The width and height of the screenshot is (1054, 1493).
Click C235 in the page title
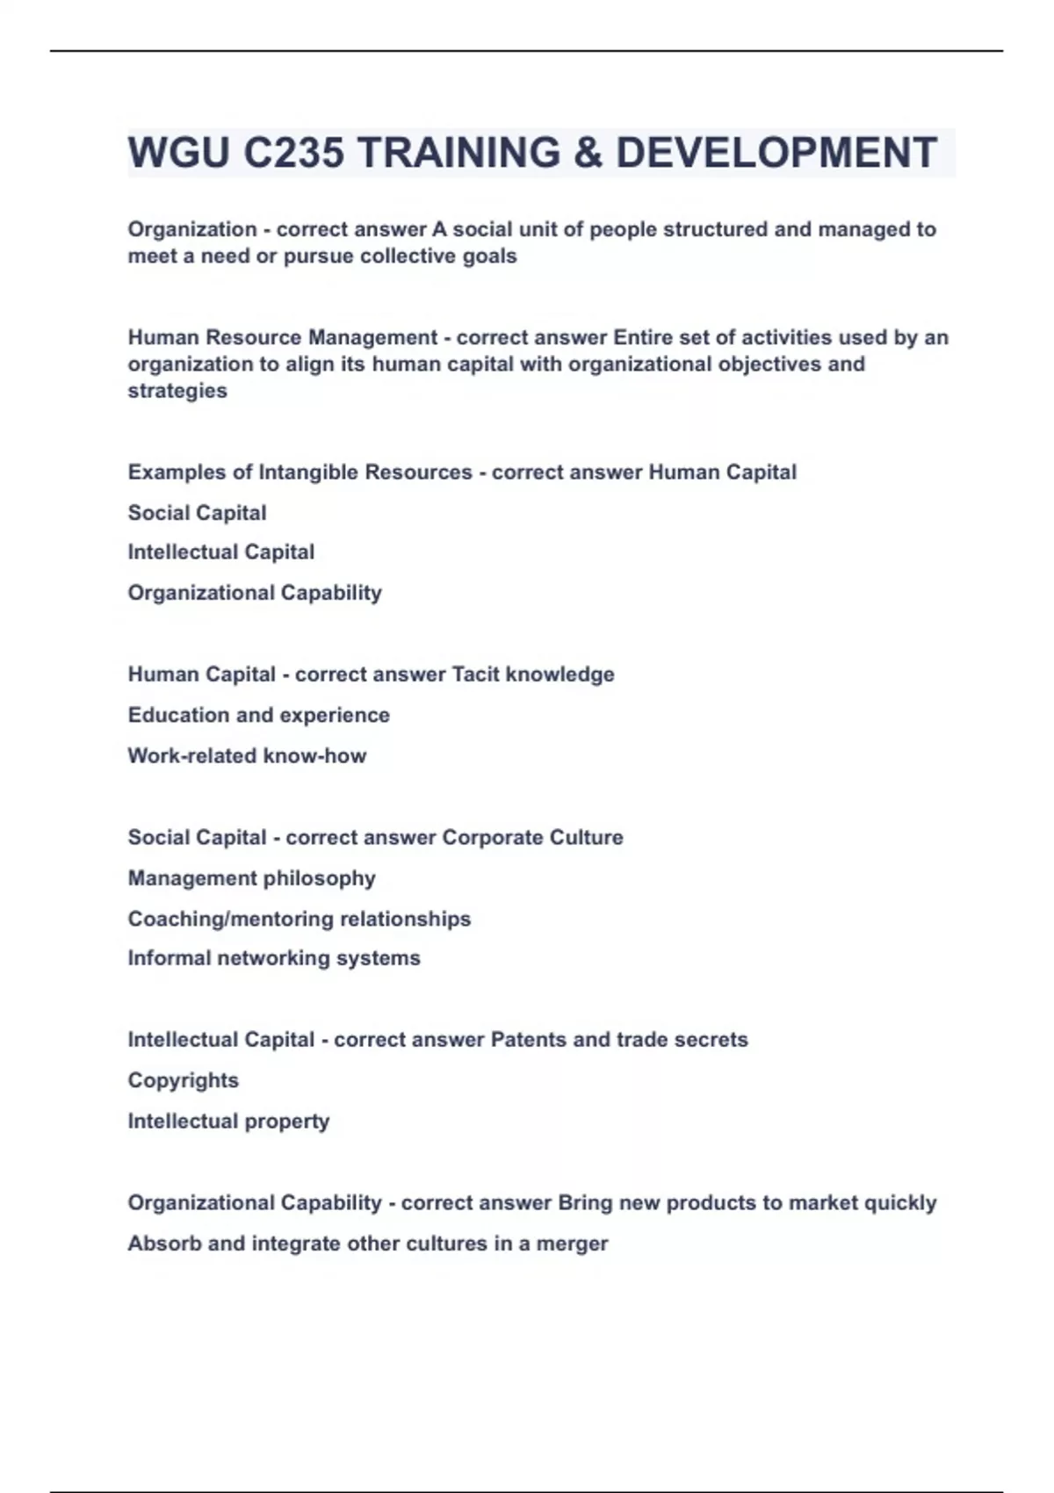(x=293, y=153)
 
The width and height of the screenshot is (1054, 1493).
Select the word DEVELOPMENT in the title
(x=776, y=153)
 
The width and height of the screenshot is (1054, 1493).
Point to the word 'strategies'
(x=177, y=391)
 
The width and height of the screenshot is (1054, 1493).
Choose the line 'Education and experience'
(x=258, y=715)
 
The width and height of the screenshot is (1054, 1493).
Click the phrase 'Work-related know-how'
(x=247, y=756)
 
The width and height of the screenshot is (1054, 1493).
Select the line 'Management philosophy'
(x=251, y=878)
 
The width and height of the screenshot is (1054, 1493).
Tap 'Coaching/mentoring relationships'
(x=299, y=919)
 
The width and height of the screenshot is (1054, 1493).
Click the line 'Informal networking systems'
(x=274, y=958)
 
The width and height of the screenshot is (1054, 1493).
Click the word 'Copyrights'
(x=183, y=1080)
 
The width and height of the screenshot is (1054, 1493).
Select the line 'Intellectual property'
(x=228, y=1122)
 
